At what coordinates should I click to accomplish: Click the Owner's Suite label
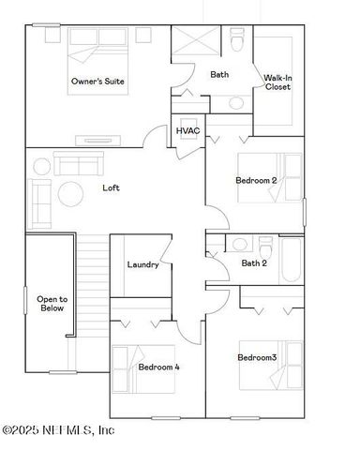point(97,82)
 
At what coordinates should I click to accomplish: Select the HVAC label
point(187,129)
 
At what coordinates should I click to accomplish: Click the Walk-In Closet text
point(277,82)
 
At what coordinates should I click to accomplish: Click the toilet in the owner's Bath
point(238,41)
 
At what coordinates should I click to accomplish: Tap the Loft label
point(111,187)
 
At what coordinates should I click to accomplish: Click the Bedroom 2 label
point(255,180)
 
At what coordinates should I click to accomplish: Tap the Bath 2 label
point(253,263)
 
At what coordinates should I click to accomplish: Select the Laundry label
point(142,264)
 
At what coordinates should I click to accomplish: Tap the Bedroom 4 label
point(158,367)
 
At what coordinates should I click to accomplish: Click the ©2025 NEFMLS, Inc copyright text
point(58,430)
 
